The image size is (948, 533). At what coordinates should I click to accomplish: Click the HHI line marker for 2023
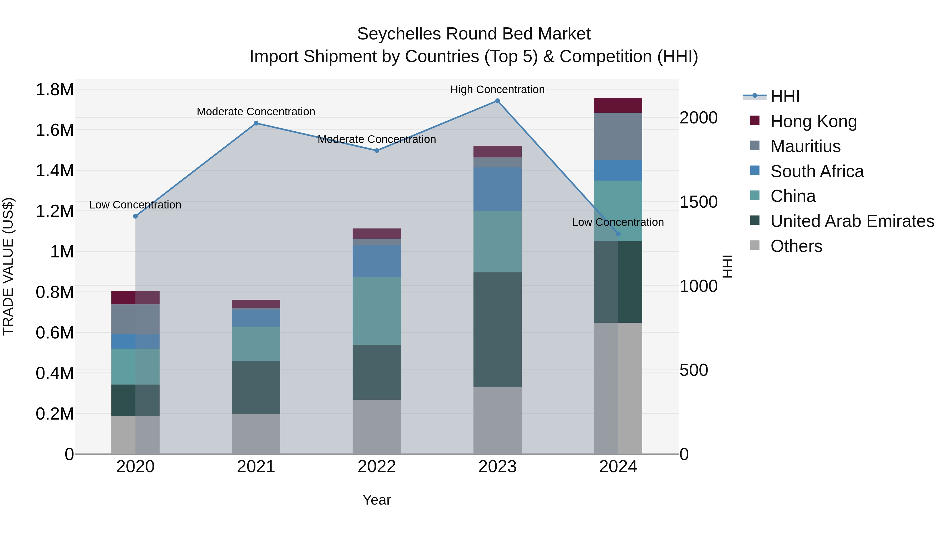pyautogui.click(x=497, y=101)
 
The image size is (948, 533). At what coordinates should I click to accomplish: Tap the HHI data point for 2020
pyautogui.click(x=135, y=216)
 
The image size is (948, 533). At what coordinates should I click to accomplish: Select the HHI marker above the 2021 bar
pyautogui.click(x=256, y=123)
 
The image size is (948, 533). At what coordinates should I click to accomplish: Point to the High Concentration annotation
pyautogui.click(x=497, y=89)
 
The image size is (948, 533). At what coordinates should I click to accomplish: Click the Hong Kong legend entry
pyautogui.click(x=813, y=121)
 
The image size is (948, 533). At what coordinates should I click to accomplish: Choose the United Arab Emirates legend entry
pyautogui.click(x=852, y=221)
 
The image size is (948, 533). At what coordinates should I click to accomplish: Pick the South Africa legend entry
pyautogui.click(x=817, y=171)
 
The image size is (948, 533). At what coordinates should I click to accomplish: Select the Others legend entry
pyautogui.click(x=796, y=246)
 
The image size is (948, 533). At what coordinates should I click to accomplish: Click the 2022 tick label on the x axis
pyautogui.click(x=377, y=467)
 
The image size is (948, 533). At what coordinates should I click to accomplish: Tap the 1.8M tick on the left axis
pyautogui.click(x=55, y=90)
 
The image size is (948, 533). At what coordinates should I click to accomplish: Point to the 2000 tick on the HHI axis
pyautogui.click(x=698, y=118)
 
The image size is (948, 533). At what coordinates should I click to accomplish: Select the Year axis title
pyautogui.click(x=377, y=500)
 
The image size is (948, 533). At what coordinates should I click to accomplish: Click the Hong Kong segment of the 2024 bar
pyautogui.click(x=618, y=105)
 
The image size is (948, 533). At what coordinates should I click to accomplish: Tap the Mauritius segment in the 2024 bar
pyautogui.click(x=618, y=136)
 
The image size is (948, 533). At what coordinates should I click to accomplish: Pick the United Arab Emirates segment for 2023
pyautogui.click(x=497, y=330)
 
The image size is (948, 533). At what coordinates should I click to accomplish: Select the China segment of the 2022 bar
pyautogui.click(x=377, y=311)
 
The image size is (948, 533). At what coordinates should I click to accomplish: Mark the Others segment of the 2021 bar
pyautogui.click(x=256, y=434)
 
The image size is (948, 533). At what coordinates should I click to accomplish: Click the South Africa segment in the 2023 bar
pyautogui.click(x=497, y=189)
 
